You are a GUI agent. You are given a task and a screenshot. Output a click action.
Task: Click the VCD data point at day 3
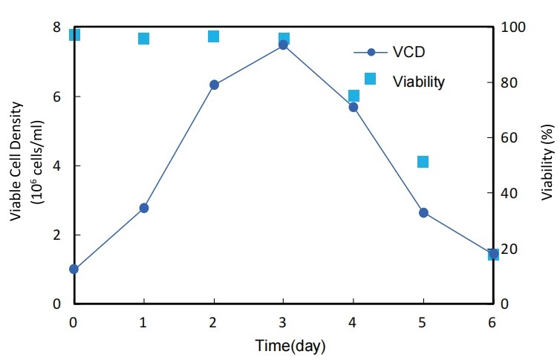[x=283, y=45]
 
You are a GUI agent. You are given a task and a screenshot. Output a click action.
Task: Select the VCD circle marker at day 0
[x=74, y=269]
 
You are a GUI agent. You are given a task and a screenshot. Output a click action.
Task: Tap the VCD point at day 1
[x=144, y=208]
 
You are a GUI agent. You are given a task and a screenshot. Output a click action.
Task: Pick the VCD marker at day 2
[x=214, y=85]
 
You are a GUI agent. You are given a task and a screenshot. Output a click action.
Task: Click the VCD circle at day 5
[x=423, y=212]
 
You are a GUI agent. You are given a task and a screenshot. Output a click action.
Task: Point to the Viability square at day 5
[x=423, y=162]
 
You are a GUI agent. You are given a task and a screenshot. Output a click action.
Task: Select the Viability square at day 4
[x=354, y=96]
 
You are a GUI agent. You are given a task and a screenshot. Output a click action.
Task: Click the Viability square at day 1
[x=144, y=39]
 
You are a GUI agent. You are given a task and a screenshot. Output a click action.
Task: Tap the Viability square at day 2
[x=213, y=36]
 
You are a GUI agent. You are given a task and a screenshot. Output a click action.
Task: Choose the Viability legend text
[x=418, y=81]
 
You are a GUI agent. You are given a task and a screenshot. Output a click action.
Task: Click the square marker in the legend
[x=370, y=79]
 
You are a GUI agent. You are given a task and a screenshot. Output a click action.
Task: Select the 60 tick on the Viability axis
[x=510, y=138]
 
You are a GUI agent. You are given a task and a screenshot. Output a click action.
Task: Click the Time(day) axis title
[x=290, y=346]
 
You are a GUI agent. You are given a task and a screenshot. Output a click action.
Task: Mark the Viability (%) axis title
[x=547, y=164]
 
